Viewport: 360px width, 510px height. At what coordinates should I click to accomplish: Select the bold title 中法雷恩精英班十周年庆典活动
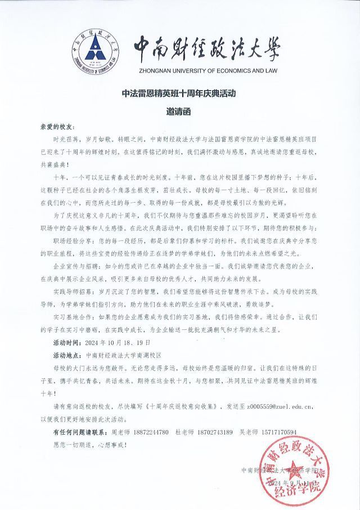click(x=179, y=93)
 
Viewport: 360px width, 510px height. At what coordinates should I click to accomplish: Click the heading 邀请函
click(x=179, y=111)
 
